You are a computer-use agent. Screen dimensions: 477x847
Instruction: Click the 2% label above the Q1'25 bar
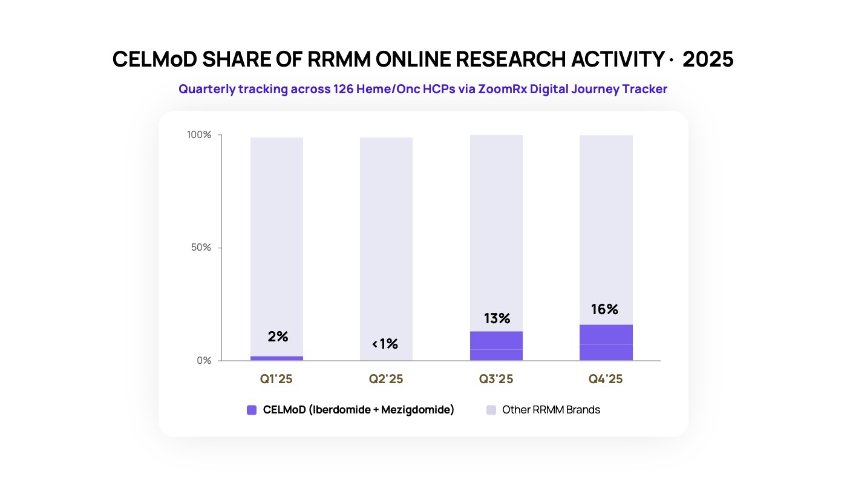pos(278,337)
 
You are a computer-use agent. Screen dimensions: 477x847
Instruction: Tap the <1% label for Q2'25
pos(385,344)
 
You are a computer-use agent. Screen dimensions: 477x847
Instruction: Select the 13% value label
pos(497,318)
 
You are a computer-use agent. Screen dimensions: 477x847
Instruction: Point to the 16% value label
pos(604,309)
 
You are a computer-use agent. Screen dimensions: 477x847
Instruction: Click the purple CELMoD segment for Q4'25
pos(606,343)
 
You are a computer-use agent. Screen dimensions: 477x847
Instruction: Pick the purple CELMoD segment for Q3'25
pos(496,346)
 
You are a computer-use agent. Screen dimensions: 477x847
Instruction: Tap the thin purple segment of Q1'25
pos(276,358)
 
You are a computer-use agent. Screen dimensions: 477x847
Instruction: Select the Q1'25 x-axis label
pos(276,379)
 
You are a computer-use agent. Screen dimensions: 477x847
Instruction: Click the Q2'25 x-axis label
pos(386,379)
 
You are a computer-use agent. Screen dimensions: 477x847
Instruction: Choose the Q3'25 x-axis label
pos(496,379)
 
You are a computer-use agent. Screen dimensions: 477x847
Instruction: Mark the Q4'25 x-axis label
pos(606,379)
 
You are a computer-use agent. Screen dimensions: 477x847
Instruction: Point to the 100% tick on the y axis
pos(199,134)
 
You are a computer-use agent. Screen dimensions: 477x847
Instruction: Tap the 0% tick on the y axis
pos(204,361)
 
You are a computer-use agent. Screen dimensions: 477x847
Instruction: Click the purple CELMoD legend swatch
pos(252,410)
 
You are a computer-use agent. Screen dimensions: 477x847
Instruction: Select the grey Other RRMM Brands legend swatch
pos(491,410)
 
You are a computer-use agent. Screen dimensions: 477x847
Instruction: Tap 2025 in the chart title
pos(708,59)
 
